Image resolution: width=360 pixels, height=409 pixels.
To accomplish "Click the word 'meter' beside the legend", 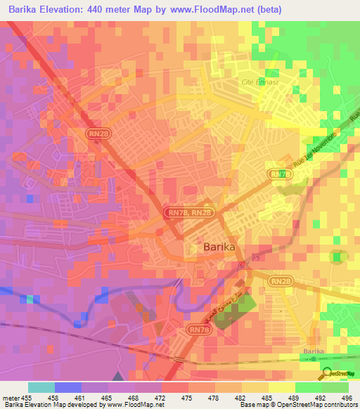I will (12, 398).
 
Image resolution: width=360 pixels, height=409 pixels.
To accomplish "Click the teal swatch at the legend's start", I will (41, 387).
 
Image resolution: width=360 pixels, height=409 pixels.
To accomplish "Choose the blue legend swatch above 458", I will (68, 387).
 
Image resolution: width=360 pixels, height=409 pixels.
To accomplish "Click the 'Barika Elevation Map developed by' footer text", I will (49, 405).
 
